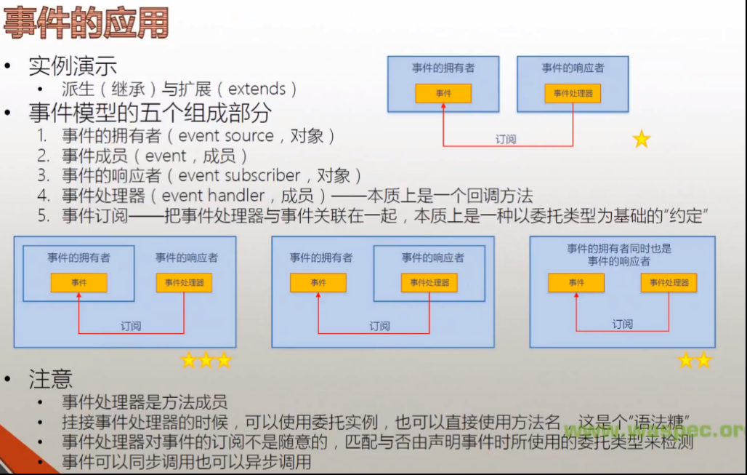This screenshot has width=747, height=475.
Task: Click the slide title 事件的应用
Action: click(x=86, y=23)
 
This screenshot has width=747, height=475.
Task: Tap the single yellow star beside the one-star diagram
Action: click(x=642, y=139)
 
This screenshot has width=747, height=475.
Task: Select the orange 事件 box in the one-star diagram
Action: click(x=443, y=94)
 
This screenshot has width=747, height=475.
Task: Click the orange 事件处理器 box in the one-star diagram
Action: click(x=573, y=94)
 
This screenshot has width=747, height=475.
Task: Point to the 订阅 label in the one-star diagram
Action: click(x=506, y=139)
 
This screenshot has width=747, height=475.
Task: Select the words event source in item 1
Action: click(x=226, y=136)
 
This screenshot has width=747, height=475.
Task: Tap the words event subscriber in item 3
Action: click(x=239, y=175)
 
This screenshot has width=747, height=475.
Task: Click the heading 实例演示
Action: click(x=73, y=66)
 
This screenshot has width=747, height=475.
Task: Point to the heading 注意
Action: click(x=50, y=379)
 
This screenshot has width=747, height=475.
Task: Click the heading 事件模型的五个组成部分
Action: click(x=150, y=113)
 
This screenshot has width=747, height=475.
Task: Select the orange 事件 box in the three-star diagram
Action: click(x=78, y=283)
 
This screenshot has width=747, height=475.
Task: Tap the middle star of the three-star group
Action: click(x=206, y=360)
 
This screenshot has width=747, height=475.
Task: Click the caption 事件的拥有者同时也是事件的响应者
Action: click(x=619, y=255)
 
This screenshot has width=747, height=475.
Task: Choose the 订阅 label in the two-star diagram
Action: click(x=623, y=324)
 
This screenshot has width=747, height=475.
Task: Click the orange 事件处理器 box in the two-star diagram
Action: click(x=669, y=283)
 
